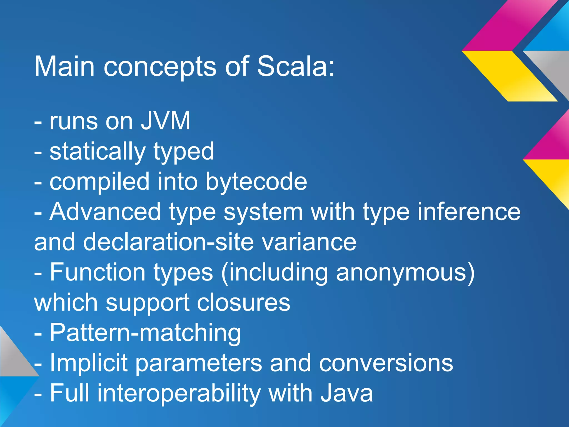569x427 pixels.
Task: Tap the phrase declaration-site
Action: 168,242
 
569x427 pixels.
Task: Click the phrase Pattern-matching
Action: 145,333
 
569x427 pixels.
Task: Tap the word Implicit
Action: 89,363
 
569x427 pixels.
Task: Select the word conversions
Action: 386,363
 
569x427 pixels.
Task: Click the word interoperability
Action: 179,393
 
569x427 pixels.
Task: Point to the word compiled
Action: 99,182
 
